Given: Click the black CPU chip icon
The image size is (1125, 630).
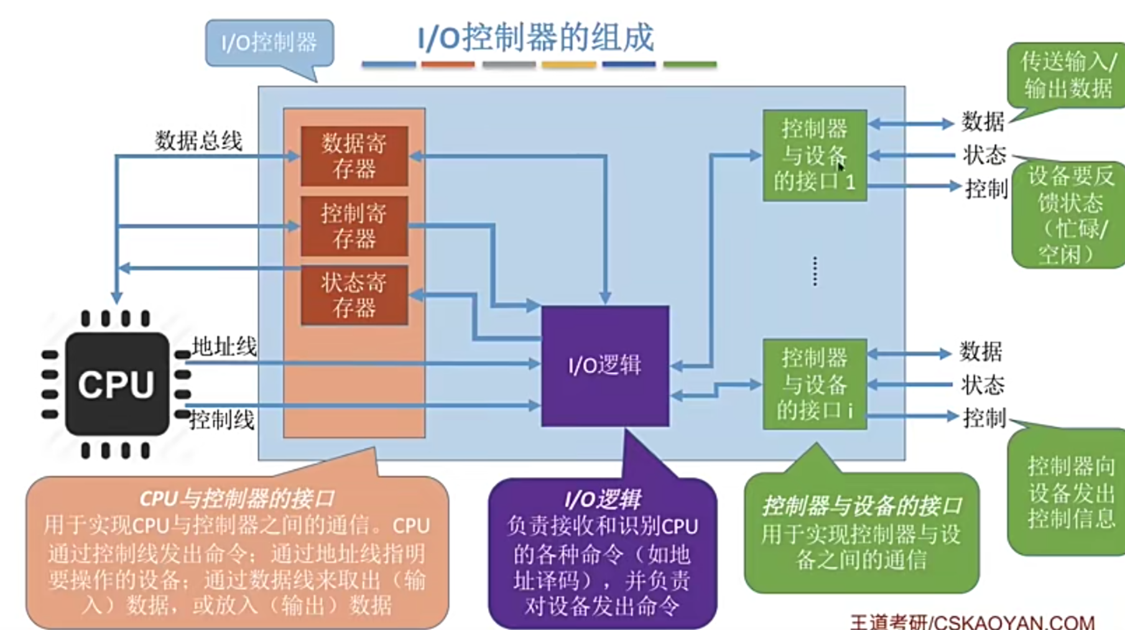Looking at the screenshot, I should (x=116, y=384).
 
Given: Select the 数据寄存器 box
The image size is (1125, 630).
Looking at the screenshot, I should (x=354, y=155).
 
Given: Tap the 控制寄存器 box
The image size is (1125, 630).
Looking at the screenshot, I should (x=354, y=226).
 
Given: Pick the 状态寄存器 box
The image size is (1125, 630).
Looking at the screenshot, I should (x=354, y=295).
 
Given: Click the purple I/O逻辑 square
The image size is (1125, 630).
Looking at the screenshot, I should (x=605, y=366).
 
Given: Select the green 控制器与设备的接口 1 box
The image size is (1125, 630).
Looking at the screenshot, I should (x=815, y=155).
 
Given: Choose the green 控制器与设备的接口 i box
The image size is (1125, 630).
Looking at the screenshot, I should (x=815, y=384).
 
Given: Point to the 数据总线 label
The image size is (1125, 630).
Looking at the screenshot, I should (x=198, y=141).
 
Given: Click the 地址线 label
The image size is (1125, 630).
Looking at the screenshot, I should (x=224, y=346).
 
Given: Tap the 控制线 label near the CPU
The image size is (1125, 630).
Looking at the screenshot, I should (x=222, y=420).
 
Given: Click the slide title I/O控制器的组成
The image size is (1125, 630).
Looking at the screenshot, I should (x=536, y=37).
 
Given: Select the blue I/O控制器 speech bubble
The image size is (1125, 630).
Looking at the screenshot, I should (x=270, y=42).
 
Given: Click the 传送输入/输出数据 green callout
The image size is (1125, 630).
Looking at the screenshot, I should (x=1068, y=75).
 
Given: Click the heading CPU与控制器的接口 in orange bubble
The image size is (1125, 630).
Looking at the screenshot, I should (x=237, y=498).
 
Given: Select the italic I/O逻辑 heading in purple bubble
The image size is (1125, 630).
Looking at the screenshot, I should (x=602, y=499).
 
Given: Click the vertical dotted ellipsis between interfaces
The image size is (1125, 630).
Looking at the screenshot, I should (x=815, y=271).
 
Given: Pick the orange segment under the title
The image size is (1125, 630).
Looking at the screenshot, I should (x=448, y=64).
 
